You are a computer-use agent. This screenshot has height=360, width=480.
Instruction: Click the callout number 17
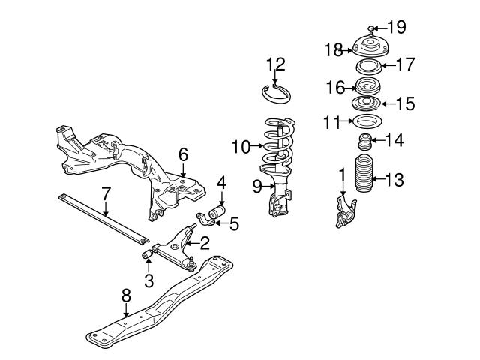point(404,65)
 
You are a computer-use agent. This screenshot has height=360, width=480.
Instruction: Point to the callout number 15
point(404,103)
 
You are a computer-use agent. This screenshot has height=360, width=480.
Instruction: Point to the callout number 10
point(241,147)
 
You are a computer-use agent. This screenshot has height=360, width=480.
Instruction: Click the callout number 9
point(256,186)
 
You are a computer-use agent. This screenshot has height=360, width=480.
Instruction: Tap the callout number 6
point(182,154)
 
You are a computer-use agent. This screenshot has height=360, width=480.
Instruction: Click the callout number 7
point(106,195)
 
